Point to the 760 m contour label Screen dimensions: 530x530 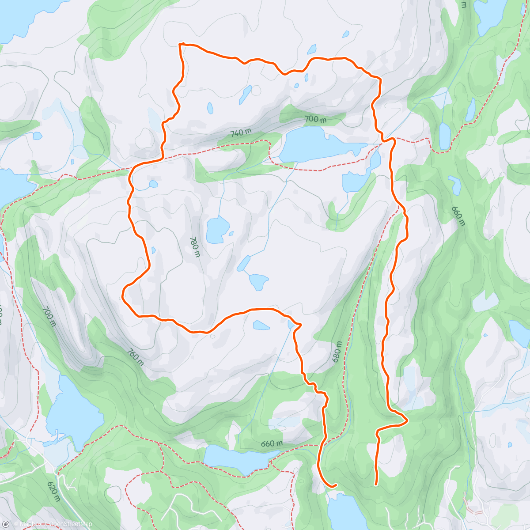click(135, 357)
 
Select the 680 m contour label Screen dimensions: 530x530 click(337, 352)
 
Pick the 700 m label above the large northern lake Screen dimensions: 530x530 click(315, 119)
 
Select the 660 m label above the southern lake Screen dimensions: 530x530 click(272, 443)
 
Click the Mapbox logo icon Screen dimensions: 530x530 click(6, 524)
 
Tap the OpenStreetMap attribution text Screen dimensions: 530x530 click(71, 524)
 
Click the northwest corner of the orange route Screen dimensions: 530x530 click(180, 44)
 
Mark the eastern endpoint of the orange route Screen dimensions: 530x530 click(376, 485)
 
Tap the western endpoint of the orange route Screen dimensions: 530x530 click(336, 485)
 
